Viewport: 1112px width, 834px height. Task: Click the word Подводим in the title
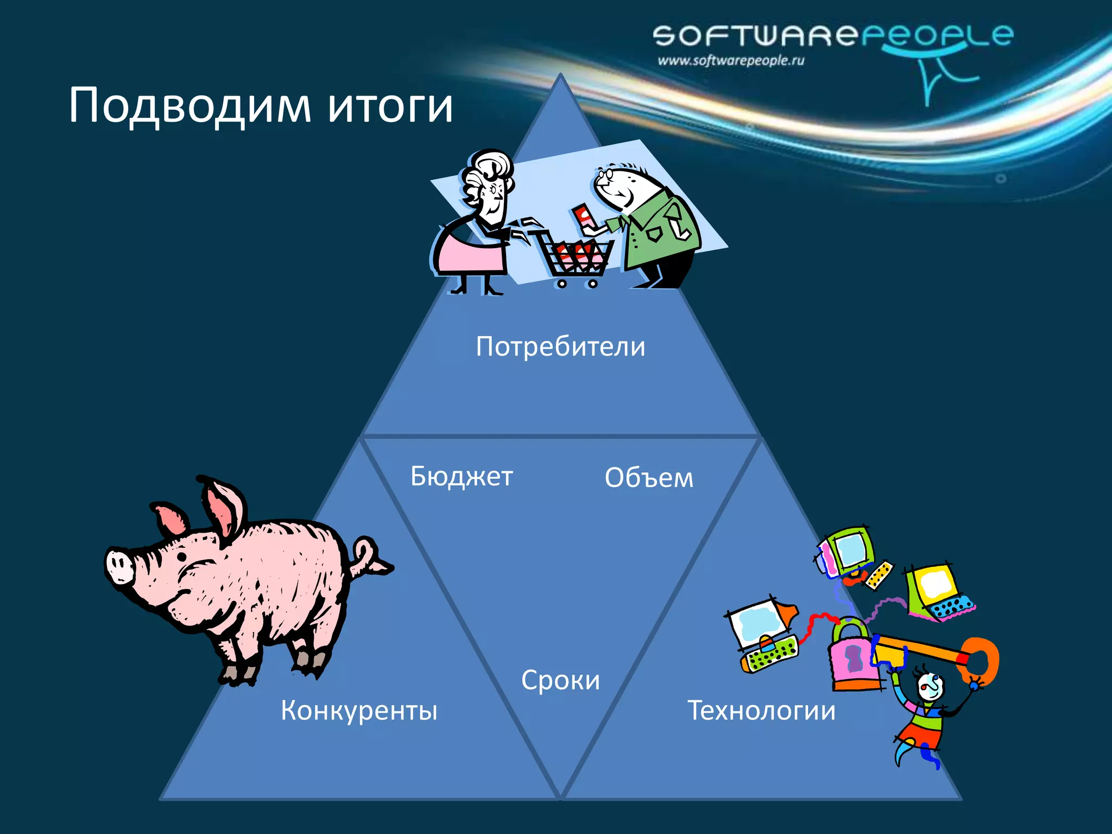click(x=189, y=106)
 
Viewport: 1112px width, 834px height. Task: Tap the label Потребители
click(x=560, y=346)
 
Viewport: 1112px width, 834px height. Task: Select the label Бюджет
click(x=462, y=477)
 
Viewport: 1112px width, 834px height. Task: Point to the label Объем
click(x=649, y=478)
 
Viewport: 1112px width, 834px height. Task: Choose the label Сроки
click(x=560, y=680)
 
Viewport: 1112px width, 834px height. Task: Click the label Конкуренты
click(x=359, y=710)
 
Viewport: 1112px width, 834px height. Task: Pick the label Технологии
click(x=761, y=710)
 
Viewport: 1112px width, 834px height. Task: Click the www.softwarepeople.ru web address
click(x=730, y=60)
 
